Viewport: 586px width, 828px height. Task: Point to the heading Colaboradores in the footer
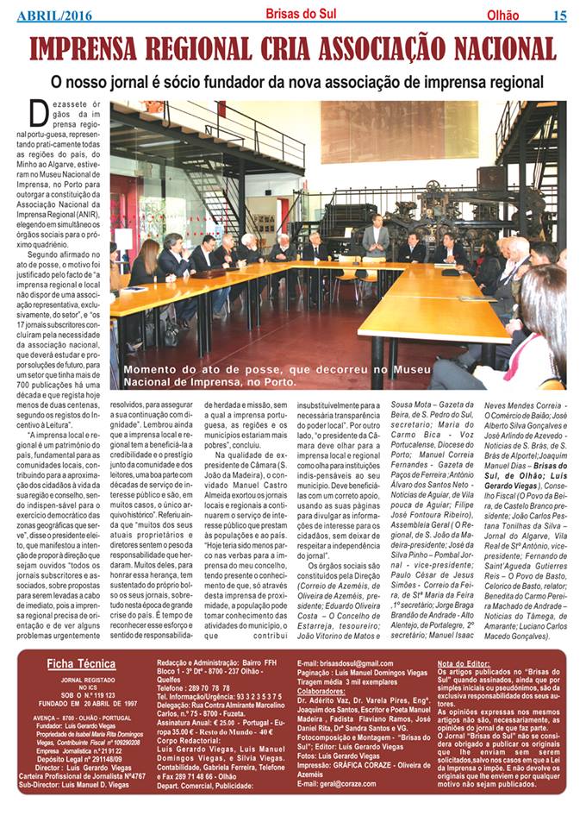coord(327,691)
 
